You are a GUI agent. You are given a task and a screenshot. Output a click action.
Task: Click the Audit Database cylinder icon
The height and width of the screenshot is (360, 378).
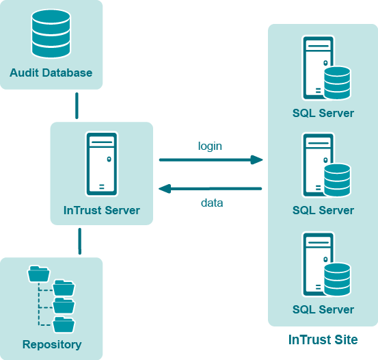(51, 34)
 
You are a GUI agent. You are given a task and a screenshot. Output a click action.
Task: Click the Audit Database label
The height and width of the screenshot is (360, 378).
(51, 73)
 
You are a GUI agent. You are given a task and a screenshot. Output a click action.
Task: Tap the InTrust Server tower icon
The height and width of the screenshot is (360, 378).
(102, 164)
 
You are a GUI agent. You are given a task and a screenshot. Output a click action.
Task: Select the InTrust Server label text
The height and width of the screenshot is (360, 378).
(101, 210)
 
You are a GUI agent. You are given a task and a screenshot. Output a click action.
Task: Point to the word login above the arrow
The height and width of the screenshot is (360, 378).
(210, 146)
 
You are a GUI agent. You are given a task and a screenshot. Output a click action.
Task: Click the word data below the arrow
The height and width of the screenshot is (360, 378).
(212, 203)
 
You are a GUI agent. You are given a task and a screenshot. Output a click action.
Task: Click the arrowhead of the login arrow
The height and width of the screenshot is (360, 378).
(256, 159)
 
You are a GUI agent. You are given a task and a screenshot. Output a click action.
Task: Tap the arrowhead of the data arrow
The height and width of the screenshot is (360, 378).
(165, 189)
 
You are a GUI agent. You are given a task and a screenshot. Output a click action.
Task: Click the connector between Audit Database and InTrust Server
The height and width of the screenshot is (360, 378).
(77, 106)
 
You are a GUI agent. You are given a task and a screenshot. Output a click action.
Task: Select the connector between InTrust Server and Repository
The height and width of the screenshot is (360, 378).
(80, 241)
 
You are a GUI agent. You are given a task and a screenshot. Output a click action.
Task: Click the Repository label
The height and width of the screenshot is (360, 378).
(52, 344)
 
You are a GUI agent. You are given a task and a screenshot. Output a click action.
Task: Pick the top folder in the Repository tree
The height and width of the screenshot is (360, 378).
(39, 274)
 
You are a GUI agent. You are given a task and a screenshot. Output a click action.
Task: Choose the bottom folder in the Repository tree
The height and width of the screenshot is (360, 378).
(64, 324)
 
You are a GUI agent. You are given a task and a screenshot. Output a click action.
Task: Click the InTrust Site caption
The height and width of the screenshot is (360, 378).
(323, 339)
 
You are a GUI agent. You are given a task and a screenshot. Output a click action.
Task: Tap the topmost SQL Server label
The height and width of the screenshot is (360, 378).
(323, 113)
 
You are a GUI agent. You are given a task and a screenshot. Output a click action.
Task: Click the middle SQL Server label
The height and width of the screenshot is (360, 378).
(323, 210)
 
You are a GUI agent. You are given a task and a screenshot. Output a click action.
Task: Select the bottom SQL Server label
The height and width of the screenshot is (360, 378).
(323, 309)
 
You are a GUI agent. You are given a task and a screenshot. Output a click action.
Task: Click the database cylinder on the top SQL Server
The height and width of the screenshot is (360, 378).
(337, 83)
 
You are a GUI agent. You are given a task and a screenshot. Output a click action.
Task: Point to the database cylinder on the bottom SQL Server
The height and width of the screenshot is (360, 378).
(337, 279)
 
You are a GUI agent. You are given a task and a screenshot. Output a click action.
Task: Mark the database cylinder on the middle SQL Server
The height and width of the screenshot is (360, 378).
(337, 180)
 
